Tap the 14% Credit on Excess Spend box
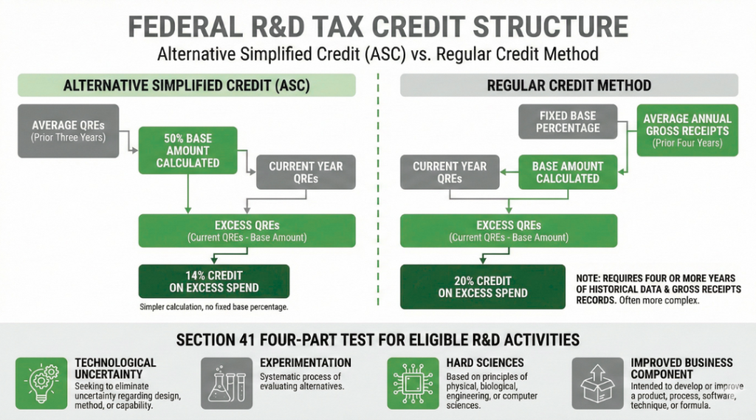[x=214, y=280]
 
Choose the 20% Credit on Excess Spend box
[x=483, y=286]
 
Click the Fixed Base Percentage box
[x=568, y=122]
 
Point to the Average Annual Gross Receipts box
[x=687, y=130]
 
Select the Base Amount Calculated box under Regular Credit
[x=567, y=172]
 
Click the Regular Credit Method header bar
[x=568, y=86]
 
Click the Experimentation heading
[x=306, y=363]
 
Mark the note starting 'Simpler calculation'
[x=214, y=306]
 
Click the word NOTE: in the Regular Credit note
[x=591, y=278]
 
